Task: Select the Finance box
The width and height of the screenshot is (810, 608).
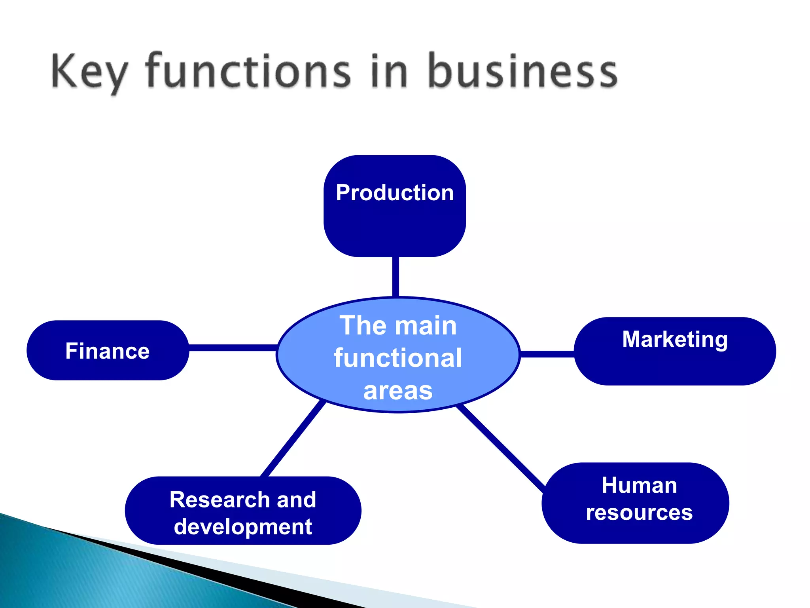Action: (x=108, y=351)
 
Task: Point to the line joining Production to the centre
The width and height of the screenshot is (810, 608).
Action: (x=396, y=276)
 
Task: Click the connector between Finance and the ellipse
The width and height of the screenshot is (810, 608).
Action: (x=233, y=348)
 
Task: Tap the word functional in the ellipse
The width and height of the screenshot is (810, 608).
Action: (x=398, y=358)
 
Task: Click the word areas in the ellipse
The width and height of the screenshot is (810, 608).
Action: (x=398, y=391)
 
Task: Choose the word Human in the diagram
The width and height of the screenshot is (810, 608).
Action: (x=639, y=485)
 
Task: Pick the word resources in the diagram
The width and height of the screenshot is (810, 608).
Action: (x=639, y=513)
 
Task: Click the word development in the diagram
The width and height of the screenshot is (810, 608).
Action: (x=243, y=527)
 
